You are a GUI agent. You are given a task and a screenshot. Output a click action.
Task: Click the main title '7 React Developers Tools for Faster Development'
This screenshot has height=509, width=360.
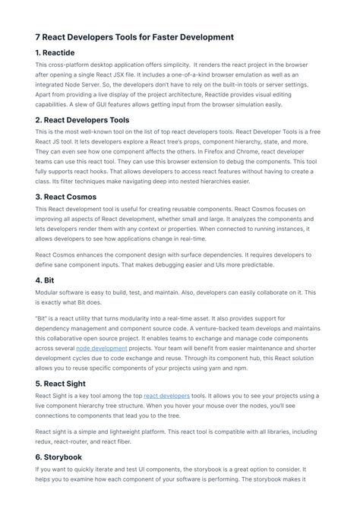tap(134, 36)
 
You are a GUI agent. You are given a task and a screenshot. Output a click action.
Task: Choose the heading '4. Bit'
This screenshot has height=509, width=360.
tap(49, 280)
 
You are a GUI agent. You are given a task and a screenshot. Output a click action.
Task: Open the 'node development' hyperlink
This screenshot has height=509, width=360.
tap(103, 348)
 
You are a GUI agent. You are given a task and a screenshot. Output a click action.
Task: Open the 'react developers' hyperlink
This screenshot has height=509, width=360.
tap(166, 396)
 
